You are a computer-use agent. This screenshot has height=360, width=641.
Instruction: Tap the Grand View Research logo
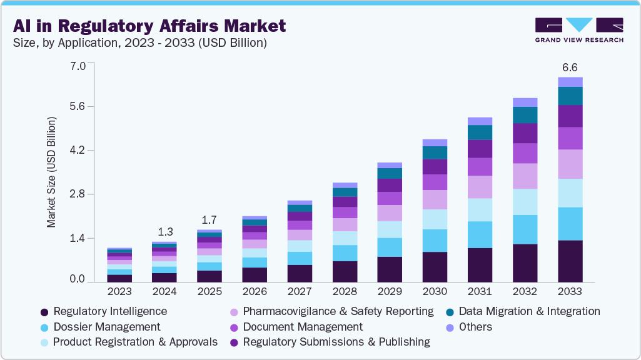coord(578,29)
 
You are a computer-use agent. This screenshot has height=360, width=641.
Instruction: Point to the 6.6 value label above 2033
coord(570,67)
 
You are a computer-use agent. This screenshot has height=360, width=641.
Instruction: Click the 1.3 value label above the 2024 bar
coord(164,231)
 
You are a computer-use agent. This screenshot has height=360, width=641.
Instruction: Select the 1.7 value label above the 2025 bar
coord(209,219)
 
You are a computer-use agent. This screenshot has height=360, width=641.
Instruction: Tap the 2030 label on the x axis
coord(435,292)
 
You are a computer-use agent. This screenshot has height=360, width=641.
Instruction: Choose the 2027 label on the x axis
coord(300,292)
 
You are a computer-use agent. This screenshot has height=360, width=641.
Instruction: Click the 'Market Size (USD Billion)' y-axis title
coord(51,171)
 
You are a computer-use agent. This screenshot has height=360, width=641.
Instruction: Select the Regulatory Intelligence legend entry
coord(103,311)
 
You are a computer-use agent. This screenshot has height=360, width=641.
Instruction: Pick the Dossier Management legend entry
coord(100,327)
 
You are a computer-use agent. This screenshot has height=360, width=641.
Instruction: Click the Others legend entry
coord(469,327)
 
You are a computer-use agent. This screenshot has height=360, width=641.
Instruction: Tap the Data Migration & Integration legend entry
coord(522,311)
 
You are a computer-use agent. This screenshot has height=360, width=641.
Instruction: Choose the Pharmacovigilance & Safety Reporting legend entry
coord(331,311)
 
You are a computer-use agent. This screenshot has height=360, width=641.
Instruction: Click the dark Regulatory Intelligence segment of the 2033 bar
coord(570,261)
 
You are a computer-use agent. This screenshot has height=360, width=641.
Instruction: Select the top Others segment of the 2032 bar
coord(525,102)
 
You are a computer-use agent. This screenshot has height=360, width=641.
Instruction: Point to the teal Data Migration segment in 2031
coord(480,132)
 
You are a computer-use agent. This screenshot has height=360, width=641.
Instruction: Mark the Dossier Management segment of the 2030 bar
coord(435,241)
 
